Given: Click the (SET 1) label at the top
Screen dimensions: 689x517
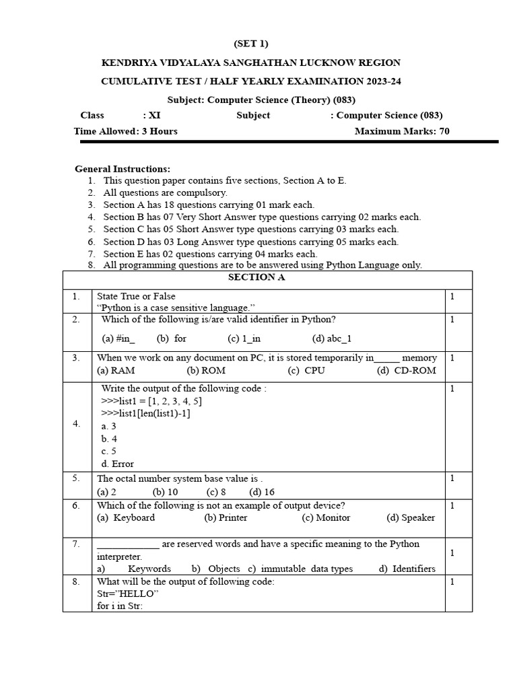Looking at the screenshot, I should pyautogui.click(x=250, y=44).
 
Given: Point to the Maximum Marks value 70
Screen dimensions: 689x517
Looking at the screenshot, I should pyautogui.click(x=444, y=131).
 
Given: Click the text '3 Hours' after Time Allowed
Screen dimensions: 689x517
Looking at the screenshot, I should pyautogui.click(x=160, y=131).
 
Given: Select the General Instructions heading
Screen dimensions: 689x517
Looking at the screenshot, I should pyautogui.click(x=123, y=169).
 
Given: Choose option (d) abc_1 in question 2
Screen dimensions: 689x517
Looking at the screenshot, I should pyautogui.click(x=332, y=338).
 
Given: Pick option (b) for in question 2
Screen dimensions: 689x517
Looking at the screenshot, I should pyautogui.click(x=172, y=338).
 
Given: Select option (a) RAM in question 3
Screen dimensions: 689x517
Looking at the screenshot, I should pyautogui.click(x=116, y=370).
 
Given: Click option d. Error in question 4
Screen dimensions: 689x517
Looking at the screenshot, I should pyautogui.click(x=117, y=464).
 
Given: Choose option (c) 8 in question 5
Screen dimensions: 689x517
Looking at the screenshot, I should pyautogui.click(x=216, y=492).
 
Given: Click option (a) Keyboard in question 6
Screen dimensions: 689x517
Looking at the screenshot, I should pyautogui.click(x=126, y=517).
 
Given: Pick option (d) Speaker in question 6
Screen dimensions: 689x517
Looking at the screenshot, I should pyautogui.click(x=411, y=517).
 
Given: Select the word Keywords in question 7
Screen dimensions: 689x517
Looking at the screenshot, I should pyautogui.click(x=149, y=569).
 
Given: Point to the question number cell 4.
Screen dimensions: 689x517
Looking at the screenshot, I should pyautogui.click(x=77, y=424).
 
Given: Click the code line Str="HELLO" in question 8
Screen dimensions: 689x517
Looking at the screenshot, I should pyautogui.click(x=127, y=593).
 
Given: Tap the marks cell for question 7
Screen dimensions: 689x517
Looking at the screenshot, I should pyautogui.click(x=452, y=552).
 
